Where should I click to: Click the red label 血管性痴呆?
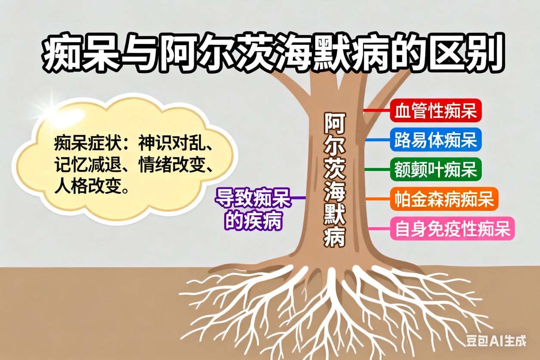[436, 110]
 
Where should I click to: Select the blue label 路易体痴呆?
[436, 140]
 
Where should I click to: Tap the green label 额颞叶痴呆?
[436, 169]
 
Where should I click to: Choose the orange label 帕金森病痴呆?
[444, 199]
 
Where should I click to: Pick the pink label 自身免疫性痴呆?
[453, 228]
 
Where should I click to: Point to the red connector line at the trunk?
[377, 110]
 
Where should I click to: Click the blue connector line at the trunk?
[378, 140]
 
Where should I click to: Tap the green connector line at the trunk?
[378, 169]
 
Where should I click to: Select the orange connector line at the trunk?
[378, 199]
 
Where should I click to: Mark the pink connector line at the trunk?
[379, 228]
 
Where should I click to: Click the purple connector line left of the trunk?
[298, 198]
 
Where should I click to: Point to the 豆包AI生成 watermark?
[496, 341]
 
